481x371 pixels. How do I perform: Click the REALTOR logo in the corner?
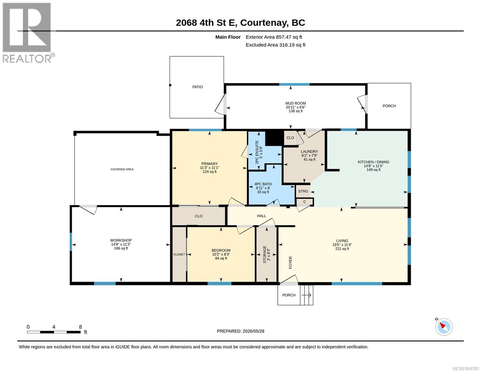(x=28, y=32)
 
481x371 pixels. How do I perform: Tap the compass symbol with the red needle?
(x=444, y=327)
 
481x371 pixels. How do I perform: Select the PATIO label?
(x=197, y=87)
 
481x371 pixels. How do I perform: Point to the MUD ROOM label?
(x=295, y=103)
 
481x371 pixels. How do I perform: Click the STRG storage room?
(x=303, y=191)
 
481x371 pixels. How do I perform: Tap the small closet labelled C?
(x=304, y=202)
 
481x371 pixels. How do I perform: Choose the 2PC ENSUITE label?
(x=257, y=152)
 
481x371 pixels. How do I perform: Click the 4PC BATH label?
(x=263, y=184)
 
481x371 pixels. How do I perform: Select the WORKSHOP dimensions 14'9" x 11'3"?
(x=121, y=244)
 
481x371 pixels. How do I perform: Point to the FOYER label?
(x=291, y=262)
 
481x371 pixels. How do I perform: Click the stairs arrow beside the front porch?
(x=307, y=295)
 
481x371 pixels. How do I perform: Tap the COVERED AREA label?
(x=122, y=169)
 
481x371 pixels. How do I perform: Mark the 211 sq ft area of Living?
(x=342, y=249)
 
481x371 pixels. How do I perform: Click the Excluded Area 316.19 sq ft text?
(x=275, y=45)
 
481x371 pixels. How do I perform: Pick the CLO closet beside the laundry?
(x=290, y=138)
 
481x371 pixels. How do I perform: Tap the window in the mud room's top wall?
(x=294, y=84)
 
